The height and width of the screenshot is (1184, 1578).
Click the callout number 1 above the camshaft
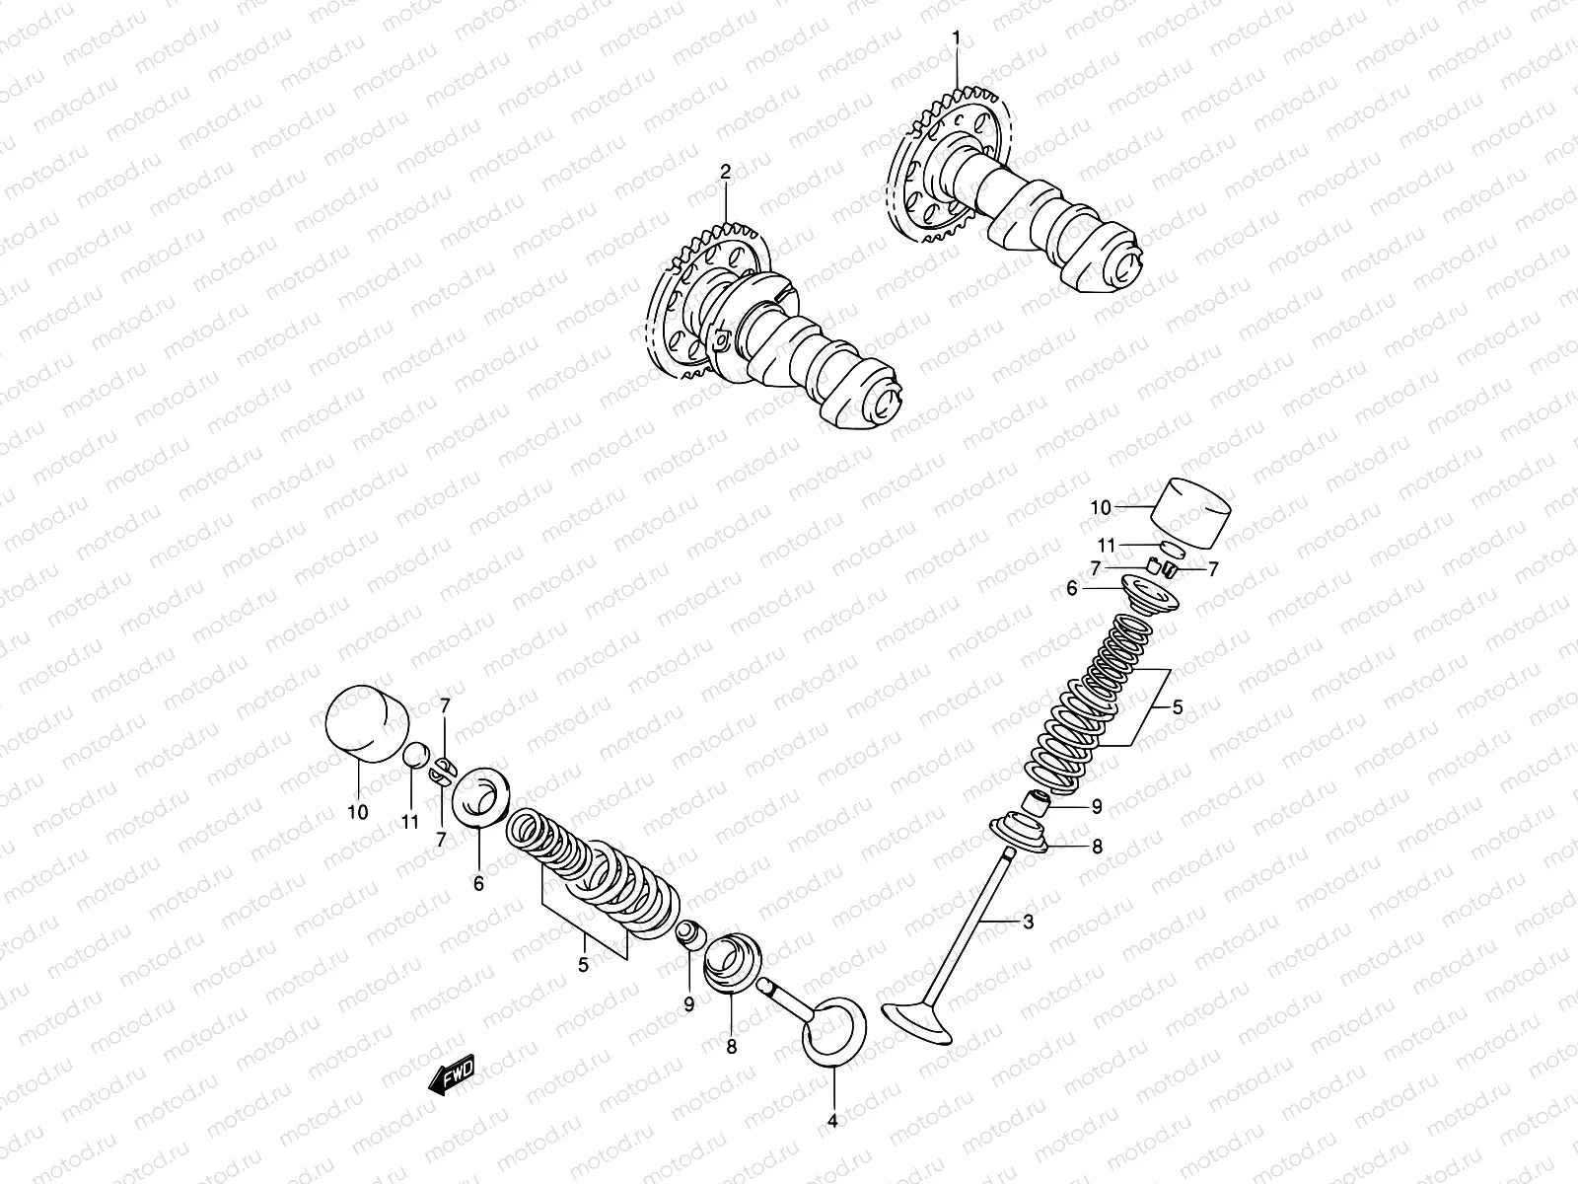pos(955,37)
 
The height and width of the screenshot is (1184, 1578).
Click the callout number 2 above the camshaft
pos(725,173)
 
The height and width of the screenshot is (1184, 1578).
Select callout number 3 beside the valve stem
pos(1028,923)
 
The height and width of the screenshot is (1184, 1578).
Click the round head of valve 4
pos(833,1034)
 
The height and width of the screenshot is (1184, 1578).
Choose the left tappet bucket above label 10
pos(367,725)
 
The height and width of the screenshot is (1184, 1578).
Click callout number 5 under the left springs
pos(583,965)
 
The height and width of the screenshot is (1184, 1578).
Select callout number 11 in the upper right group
pos(1106,545)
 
